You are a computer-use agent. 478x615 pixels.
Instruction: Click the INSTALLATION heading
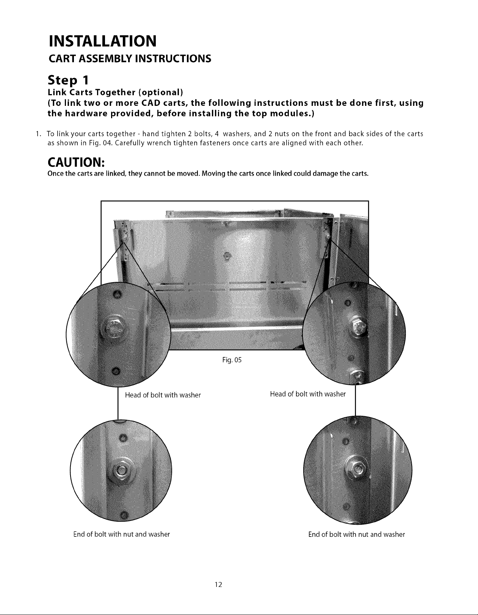(x=102, y=41)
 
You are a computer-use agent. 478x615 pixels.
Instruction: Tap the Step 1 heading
(x=68, y=80)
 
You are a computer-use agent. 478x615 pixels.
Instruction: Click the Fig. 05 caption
(x=232, y=360)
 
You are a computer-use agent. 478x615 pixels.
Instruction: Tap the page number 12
(x=218, y=584)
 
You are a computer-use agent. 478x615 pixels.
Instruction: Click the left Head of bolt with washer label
(x=163, y=395)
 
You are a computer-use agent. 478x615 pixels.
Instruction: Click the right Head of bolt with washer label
(x=308, y=394)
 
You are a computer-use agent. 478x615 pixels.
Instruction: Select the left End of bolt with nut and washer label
(x=122, y=534)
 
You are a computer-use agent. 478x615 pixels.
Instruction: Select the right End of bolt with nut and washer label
(x=357, y=534)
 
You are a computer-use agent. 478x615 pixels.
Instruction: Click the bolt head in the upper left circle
(x=115, y=329)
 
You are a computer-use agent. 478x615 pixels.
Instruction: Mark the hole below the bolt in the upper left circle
(x=115, y=371)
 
